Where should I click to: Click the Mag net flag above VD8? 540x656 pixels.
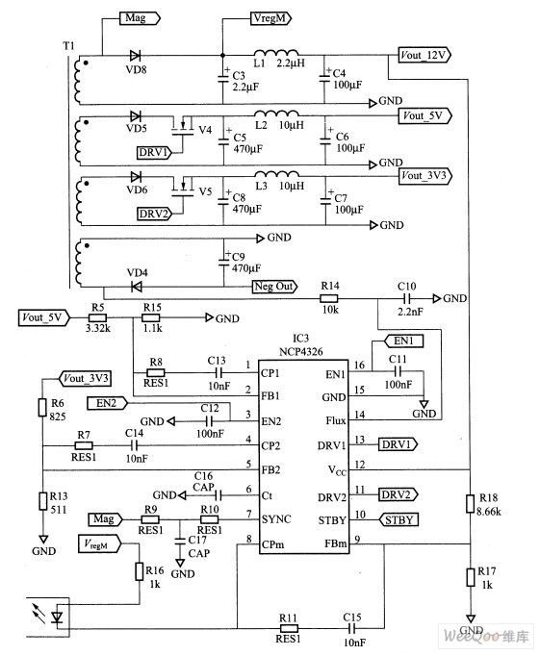click(x=140, y=18)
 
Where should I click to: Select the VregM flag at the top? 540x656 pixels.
click(x=271, y=18)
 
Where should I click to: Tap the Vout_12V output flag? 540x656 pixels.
click(x=424, y=55)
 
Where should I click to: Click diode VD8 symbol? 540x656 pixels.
click(x=135, y=55)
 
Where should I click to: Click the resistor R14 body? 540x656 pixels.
click(x=329, y=298)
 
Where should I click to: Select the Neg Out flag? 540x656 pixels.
click(x=274, y=287)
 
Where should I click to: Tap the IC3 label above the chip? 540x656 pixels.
click(x=300, y=338)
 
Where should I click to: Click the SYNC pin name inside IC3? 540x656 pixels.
click(x=276, y=519)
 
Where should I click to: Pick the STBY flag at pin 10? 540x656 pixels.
click(x=399, y=519)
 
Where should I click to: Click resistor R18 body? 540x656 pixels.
click(x=471, y=503)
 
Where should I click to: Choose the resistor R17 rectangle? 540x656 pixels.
click(x=471, y=577)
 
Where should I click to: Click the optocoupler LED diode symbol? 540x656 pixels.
click(x=57, y=618)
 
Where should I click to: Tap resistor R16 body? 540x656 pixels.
click(x=140, y=571)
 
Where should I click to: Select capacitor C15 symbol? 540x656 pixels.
click(x=352, y=628)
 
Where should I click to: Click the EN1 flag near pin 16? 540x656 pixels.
click(x=403, y=341)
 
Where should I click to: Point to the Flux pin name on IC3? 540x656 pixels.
click(x=336, y=420)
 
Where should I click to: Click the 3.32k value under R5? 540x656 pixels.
click(x=98, y=328)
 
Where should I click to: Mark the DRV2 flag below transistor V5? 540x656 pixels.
click(x=155, y=214)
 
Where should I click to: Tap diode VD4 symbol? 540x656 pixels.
click(x=137, y=287)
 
